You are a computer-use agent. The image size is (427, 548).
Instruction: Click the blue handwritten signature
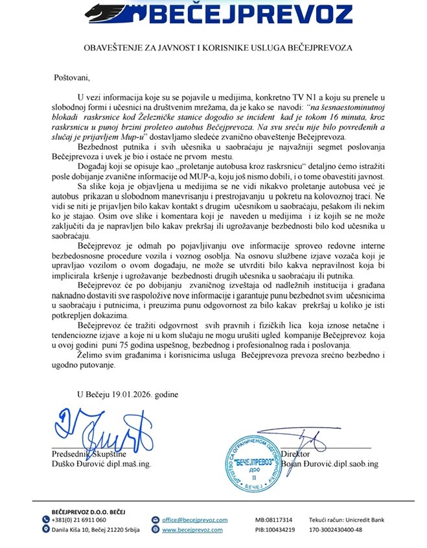104,431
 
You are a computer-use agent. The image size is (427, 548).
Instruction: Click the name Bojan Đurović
310,464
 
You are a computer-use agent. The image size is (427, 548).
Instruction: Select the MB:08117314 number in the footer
274,519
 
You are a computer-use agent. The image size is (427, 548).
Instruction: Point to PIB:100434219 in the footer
275,529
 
